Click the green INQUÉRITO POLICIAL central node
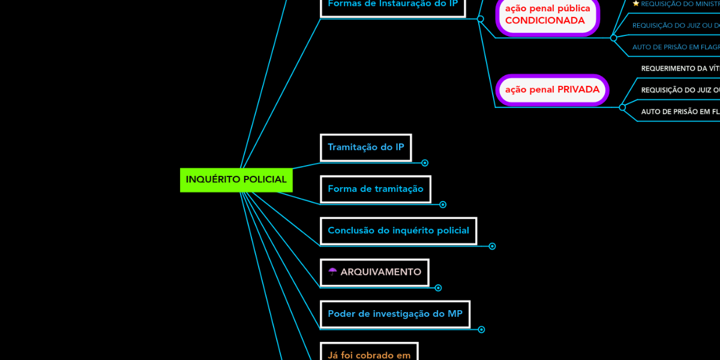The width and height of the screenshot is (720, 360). [x=236, y=179]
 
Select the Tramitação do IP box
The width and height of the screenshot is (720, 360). [x=366, y=148]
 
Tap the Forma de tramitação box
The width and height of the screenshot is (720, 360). [x=376, y=189]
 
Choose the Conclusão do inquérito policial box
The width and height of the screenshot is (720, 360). [x=398, y=231]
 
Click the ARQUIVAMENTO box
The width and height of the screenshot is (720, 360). [x=375, y=272]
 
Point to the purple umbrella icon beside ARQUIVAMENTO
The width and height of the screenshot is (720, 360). [x=332, y=272]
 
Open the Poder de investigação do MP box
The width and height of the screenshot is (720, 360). [x=395, y=314]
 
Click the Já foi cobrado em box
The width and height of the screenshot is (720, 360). [x=369, y=354]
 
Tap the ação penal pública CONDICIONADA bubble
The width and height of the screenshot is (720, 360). [x=547, y=15]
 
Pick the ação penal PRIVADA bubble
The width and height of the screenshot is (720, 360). [x=552, y=90]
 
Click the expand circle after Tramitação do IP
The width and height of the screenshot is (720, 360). [x=425, y=163]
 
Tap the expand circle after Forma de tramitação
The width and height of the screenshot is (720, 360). [x=443, y=205]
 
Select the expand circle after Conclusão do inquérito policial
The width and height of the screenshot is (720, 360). [x=492, y=246]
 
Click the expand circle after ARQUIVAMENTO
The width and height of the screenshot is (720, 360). [x=438, y=288]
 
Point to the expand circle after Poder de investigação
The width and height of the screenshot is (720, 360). [x=481, y=329]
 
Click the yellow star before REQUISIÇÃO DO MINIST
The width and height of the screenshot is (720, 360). [x=636, y=4]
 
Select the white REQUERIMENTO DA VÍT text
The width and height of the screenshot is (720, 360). [x=680, y=68]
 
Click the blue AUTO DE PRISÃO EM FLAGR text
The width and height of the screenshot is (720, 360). [x=676, y=47]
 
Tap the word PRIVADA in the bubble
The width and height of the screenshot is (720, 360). [x=578, y=90]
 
